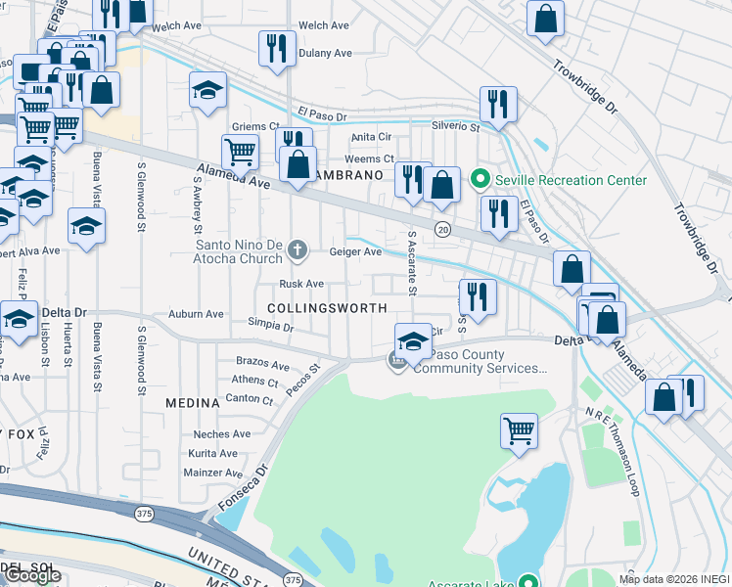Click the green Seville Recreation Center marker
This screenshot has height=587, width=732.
point(480,180)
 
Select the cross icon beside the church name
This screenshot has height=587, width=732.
point(299,252)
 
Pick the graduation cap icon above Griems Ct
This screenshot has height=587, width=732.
point(207,92)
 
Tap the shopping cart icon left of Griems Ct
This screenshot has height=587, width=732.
point(240,152)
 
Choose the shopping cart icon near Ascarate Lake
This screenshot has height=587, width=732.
point(519,429)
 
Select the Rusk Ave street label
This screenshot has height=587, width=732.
point(301,284)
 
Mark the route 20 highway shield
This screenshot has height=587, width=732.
point(442,229)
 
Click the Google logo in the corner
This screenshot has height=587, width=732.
point(32,575)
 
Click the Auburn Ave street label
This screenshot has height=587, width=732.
point(196,314)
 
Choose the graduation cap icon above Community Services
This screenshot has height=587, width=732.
point(414,341)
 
